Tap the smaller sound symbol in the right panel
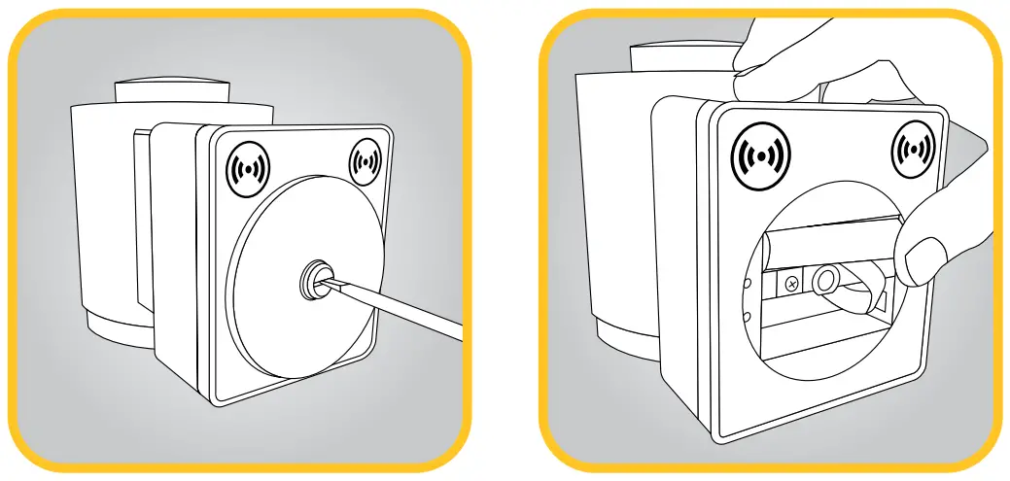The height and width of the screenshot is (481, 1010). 914,150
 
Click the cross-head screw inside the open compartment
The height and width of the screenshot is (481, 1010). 791,285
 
